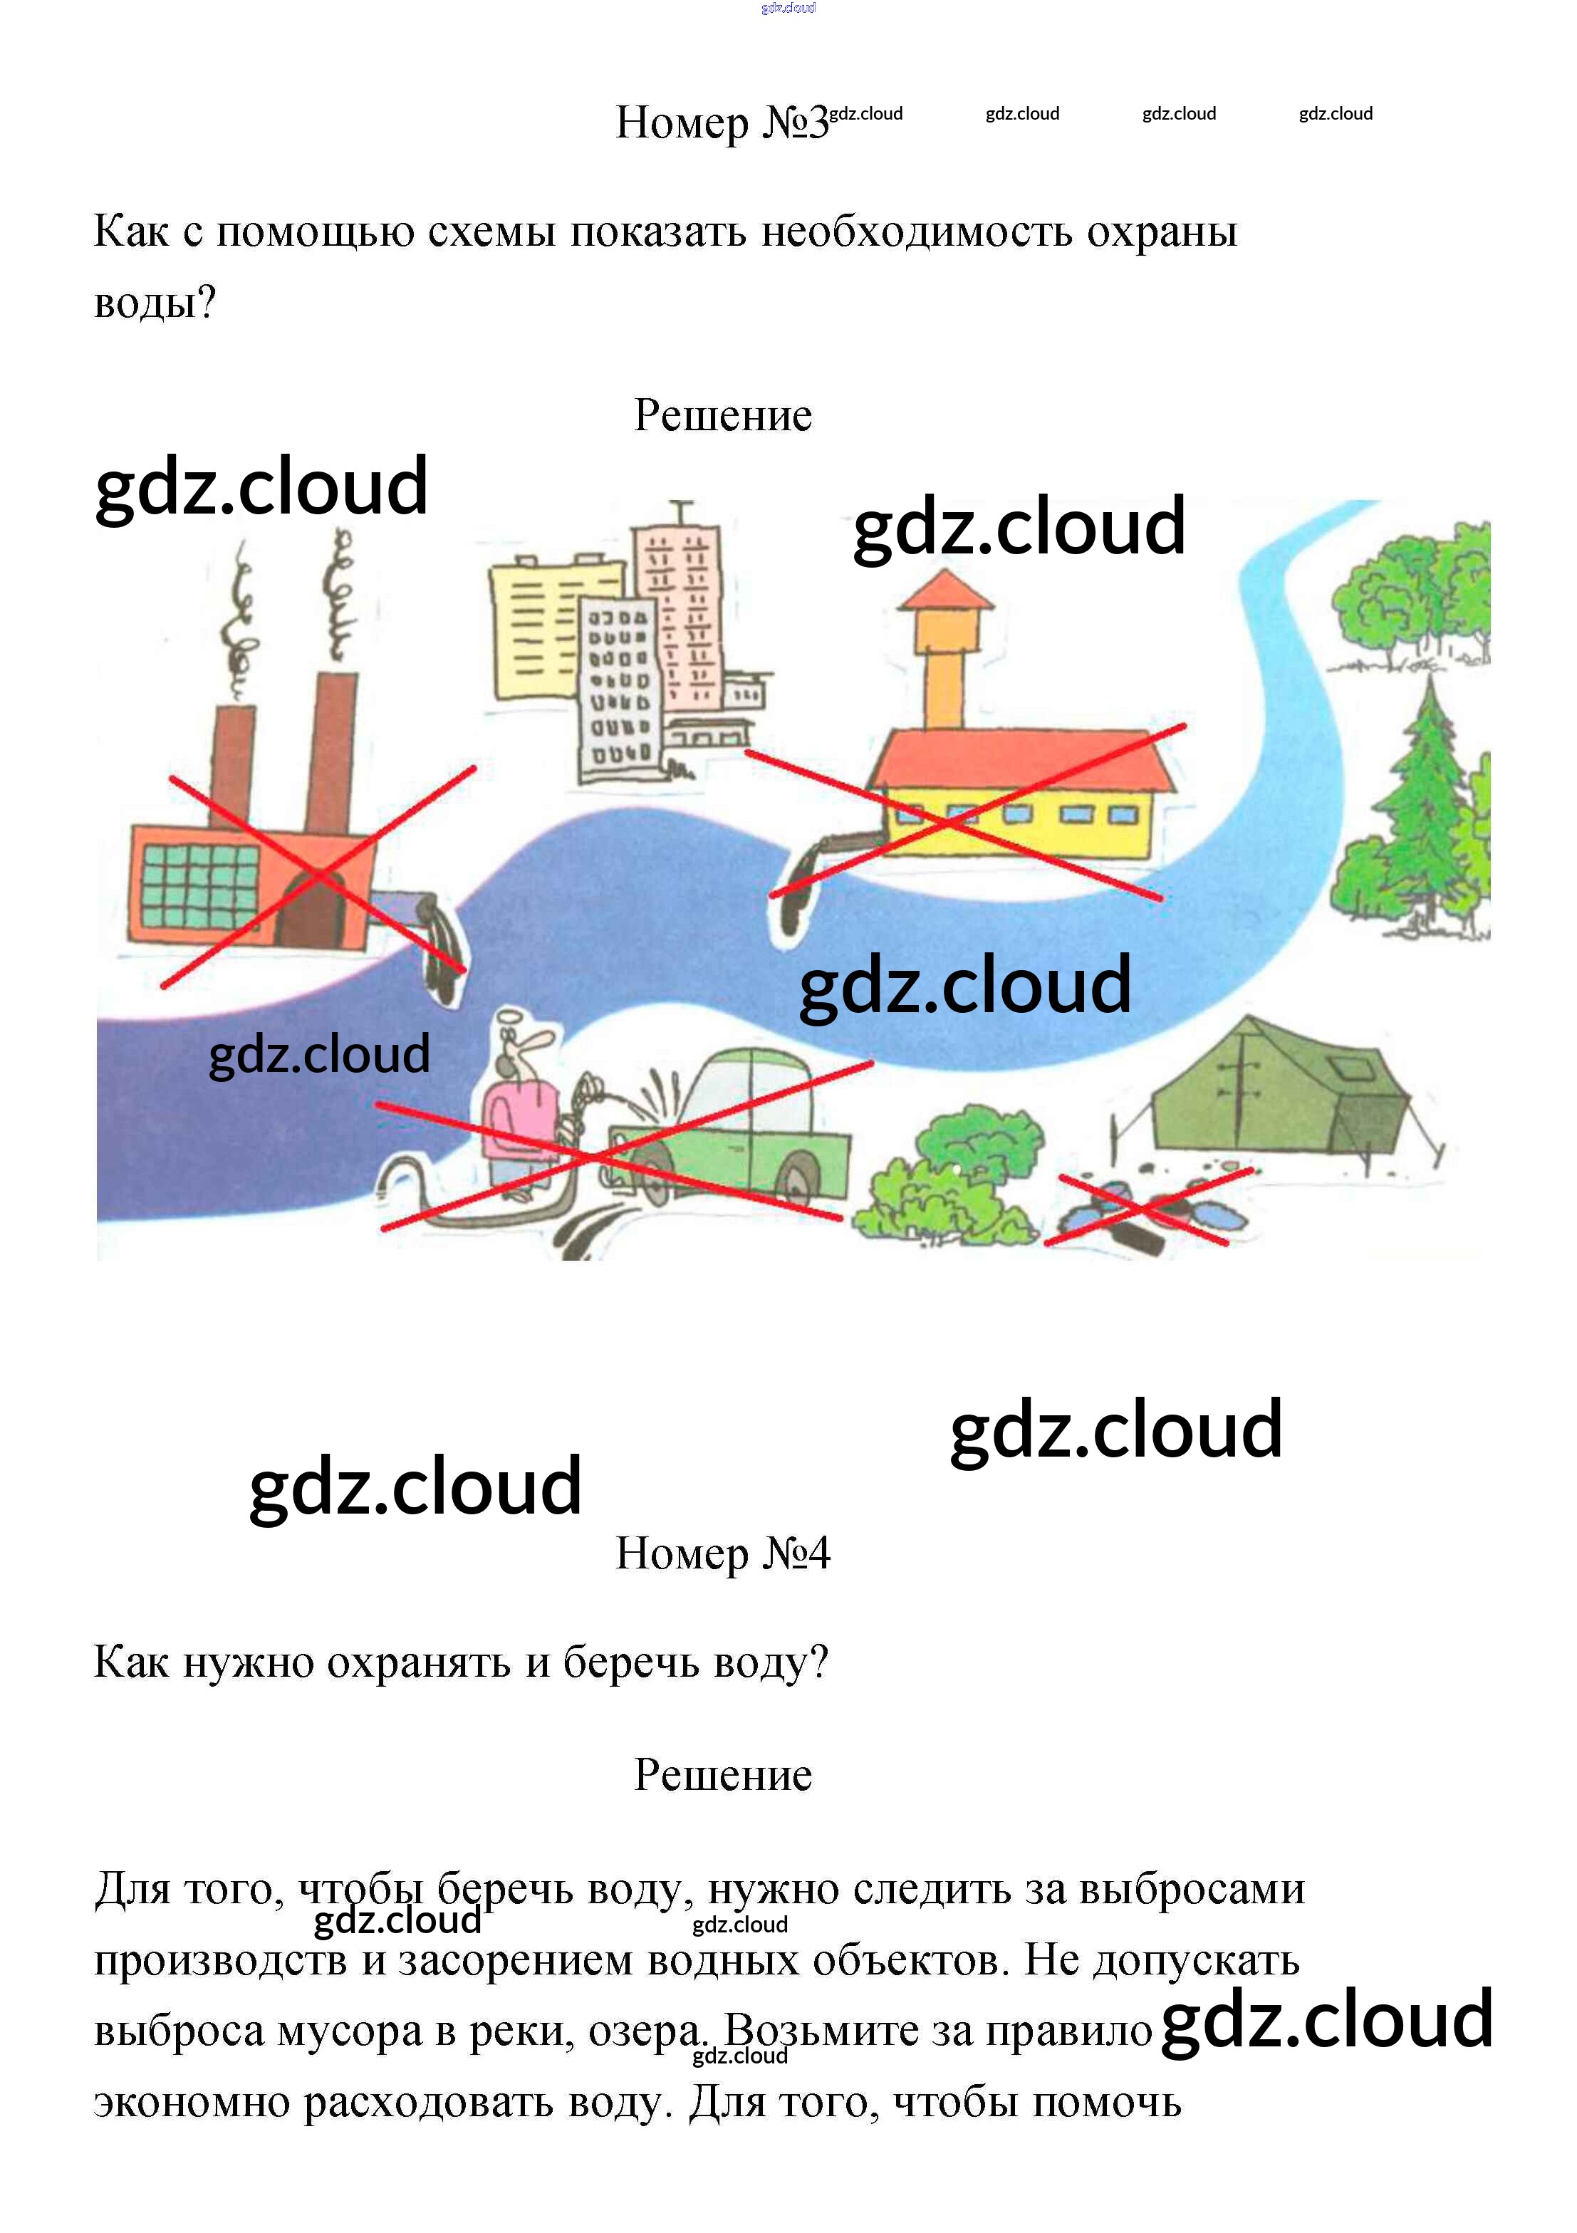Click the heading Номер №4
[723, 1553]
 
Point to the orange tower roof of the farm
[944, 591]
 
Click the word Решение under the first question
[723, 415]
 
